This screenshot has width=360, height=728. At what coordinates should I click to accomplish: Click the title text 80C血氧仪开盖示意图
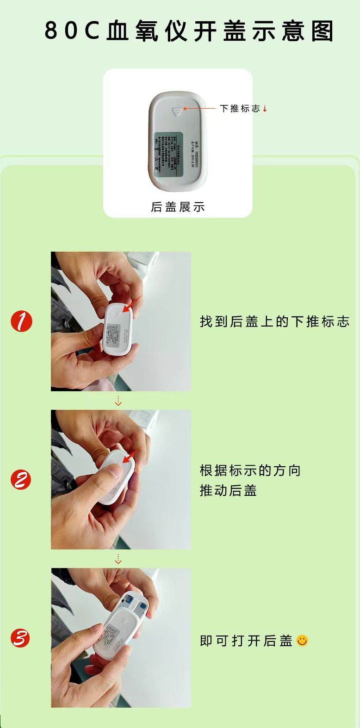[x=189, y=31]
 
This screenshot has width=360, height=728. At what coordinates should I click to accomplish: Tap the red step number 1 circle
[x=21, y=321]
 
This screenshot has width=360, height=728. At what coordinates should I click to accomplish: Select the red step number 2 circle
[x=21, y=480]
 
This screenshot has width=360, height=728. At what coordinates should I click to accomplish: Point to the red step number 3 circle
[x=20, y=638]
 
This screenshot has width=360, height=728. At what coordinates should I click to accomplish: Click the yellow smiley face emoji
[x=302, y=641]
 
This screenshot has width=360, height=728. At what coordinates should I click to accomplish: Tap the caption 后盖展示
[x=178, y=207]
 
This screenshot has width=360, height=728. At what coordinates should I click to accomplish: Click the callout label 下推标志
[x=240, y=109]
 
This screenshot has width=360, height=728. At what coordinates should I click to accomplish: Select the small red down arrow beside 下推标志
[x=265, y=109]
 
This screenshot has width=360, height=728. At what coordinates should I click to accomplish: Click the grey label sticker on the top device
[x=168, y=154]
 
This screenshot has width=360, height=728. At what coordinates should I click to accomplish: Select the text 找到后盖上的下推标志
[x=274, y=322]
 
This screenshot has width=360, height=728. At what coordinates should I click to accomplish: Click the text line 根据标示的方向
[x=250, y=471]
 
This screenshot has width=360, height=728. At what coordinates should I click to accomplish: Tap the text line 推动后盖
[x=228, y=491]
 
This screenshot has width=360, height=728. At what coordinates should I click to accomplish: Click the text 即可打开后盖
[x=246, y=641]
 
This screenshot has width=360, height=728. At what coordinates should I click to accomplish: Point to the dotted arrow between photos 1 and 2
[x=118, y=401]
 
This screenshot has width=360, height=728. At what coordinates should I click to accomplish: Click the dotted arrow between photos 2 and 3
[x=118, y=559]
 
